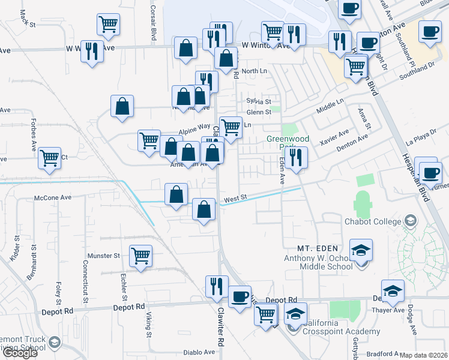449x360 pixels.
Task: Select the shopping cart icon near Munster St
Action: pyautogui.click(x=140, y=256)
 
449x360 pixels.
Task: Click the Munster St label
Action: pyautogui.click(x=104, y=256)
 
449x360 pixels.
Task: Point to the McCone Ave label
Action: pyautogui.click(x=53, y=197)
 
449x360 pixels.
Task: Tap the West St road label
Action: pyautogui.click(x=236, y=197)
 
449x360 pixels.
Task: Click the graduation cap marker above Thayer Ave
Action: pyautogui.click(x=393, y=290)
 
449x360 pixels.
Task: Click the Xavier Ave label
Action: pyautogui.click(x=334, y=140)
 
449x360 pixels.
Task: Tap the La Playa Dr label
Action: pyautogui.click(x=421, y=140)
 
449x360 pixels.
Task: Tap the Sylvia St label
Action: pyautogui.click(x=259, y=102)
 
